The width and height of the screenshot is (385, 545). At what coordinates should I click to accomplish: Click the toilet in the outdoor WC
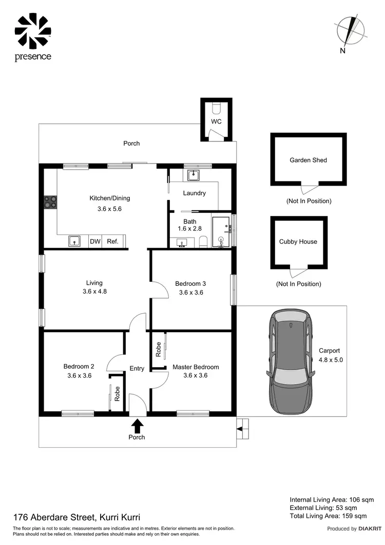click(x=216, y=108)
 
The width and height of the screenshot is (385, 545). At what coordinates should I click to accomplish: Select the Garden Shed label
click(x=308, y=160)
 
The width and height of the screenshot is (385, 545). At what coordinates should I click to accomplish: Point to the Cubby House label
click(x=298, y=242)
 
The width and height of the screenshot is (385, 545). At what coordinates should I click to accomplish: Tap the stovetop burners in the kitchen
click(x=50, y=203)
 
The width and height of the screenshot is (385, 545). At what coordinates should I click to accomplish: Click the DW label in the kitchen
click(x=95, y=241)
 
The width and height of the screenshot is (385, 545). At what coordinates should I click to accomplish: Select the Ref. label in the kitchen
click(x=112, y=241)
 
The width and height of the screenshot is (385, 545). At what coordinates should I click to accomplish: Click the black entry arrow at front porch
click(x=137, y=426)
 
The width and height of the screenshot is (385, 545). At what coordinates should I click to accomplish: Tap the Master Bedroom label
click(x=196, y=367)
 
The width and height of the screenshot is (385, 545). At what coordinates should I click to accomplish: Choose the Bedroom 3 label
click(x=190, y=283)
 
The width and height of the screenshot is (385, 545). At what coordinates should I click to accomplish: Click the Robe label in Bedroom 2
click(x=118, y=393)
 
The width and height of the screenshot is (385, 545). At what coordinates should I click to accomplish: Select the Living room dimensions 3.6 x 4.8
click(x=94, y=292)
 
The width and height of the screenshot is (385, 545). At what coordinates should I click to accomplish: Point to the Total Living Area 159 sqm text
click(x=328, y=516)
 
